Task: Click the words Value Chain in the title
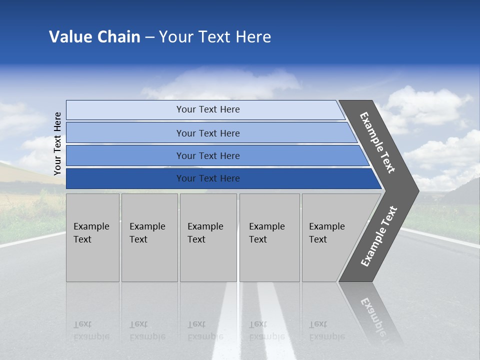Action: [x=94, y=37]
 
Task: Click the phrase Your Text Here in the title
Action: [x=215, y=37]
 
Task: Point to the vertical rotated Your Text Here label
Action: [x=57, y=143]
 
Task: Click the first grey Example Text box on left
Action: [x=92, y=237]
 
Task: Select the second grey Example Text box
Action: [x=149, y=237]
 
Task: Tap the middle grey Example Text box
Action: [x=208, y=237]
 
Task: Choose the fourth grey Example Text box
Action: [x=269, y=237]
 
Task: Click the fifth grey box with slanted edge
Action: [x=332, y=237]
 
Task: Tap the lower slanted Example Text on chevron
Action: [x=379, y=236]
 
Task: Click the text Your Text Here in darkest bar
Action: [x=208, y=178]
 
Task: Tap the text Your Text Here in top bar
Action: [x=208, y=109]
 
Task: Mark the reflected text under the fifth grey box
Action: [x=326, y=330]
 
